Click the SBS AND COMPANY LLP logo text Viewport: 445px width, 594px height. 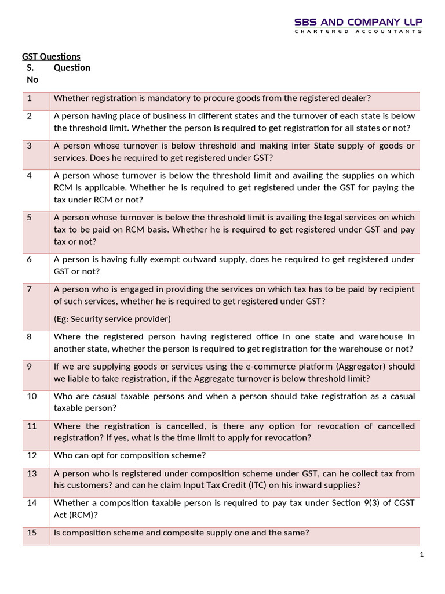[359, 22]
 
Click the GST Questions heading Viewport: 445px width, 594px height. [51, 56]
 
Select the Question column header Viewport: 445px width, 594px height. [72, 68]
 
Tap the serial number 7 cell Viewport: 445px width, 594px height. [29, 289]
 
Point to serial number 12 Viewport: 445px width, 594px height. [31, 456]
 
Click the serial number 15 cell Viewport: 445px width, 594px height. [31, 533]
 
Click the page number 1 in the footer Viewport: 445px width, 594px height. [422, 555]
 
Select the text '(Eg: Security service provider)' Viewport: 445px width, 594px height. [112, 319]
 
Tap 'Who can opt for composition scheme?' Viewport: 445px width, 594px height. [130, 456]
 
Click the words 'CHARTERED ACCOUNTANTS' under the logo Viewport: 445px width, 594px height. [359, 32]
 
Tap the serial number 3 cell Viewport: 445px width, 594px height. [29, 146]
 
